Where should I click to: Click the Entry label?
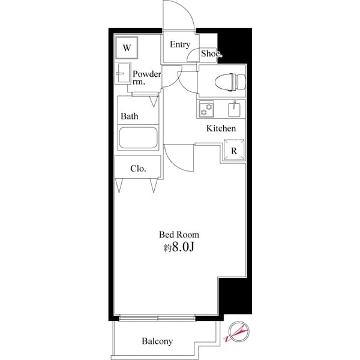point(179,44)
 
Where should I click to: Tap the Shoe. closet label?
point(211,54)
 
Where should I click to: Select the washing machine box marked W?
point(127,47)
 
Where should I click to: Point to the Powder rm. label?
point(146,78)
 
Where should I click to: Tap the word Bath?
point(129,116)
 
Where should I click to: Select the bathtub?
point(137,138)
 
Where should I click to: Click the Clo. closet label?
point(138,168)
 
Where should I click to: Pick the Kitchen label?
point(221,128)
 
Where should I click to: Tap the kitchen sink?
point(234,109)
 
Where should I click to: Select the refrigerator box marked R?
point(234,151)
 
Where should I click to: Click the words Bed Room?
point(179,235)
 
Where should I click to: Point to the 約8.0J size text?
point(179,248)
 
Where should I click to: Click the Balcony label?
point(157,341)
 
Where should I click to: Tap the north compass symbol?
point(238,332)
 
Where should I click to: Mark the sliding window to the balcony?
point(158,317)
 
